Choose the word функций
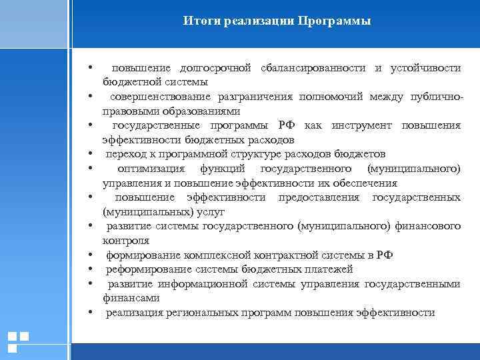224,169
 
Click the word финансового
429,227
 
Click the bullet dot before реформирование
89,270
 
